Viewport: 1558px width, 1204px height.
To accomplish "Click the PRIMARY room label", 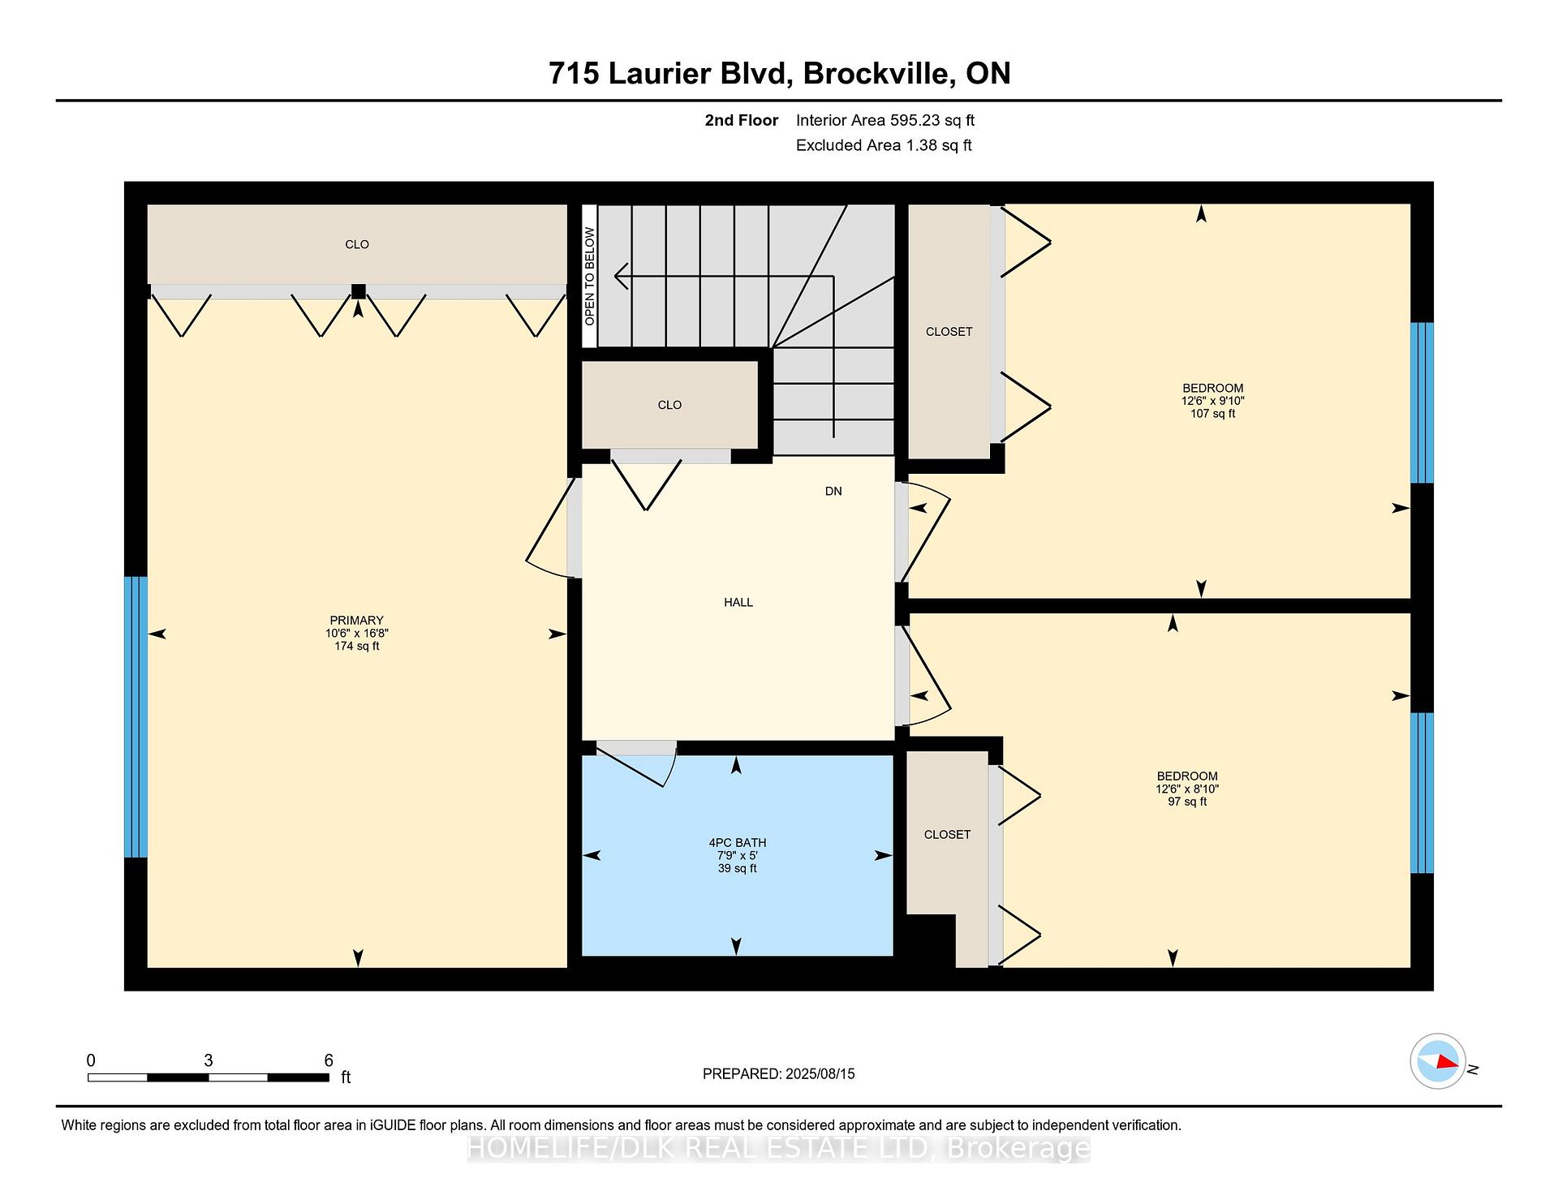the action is [356, 621].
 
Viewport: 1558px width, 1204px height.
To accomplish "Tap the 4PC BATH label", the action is [737, 843].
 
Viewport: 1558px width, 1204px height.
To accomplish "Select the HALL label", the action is [738, 602].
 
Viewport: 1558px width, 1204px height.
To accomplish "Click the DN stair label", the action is [833, 491].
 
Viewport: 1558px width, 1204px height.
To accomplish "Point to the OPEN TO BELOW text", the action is [590, 277].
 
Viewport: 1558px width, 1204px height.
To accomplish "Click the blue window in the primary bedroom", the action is [136, 717].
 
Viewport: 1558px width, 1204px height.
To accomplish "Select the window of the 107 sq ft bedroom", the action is [1422, 403].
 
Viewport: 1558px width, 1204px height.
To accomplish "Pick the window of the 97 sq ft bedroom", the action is [1422, 793].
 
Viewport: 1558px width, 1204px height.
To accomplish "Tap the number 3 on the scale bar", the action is [209, 1060].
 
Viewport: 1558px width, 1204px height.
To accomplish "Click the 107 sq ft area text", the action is [1212, 414].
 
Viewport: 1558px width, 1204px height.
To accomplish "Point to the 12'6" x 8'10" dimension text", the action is [1187, 789].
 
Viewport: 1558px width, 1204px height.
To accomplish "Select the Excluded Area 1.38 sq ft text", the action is [884, 145].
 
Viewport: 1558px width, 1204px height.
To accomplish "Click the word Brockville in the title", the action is [876, 73].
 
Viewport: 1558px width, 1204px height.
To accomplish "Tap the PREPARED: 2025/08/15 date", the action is [779, 1073].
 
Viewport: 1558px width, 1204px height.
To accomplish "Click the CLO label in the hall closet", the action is [669, 405].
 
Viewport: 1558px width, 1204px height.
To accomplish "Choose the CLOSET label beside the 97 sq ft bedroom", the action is [947, 834].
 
